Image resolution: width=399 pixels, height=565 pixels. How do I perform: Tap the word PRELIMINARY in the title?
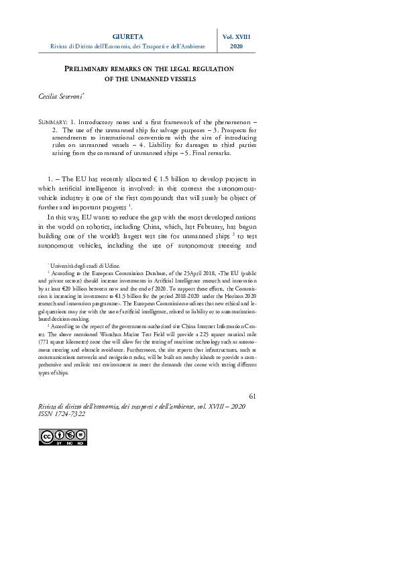coord(92,68)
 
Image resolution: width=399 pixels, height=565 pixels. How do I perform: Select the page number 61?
coord(252,399)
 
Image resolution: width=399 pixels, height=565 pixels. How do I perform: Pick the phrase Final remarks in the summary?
coord(209,153)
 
